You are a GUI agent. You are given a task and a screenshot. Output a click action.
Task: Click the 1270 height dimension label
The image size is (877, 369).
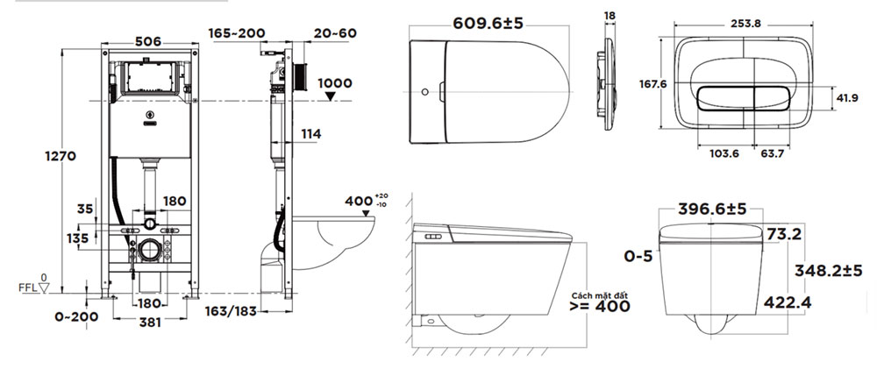(61, 157)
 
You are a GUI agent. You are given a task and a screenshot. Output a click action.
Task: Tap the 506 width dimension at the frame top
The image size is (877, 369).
(148, 41)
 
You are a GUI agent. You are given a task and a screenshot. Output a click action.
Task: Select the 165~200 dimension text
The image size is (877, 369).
(237, 33)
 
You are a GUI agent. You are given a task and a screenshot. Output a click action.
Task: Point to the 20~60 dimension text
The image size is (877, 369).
(335, 33)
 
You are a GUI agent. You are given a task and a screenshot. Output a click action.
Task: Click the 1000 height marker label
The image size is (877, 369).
(335, 83)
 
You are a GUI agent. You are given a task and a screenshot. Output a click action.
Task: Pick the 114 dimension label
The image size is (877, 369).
(311, 134)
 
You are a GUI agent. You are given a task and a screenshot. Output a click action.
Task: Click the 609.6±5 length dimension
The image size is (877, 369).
(488, 24)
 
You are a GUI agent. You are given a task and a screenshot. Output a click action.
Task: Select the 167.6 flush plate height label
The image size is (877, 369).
(653, 84)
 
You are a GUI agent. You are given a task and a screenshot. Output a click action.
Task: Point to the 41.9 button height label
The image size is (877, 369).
(847, 98)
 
